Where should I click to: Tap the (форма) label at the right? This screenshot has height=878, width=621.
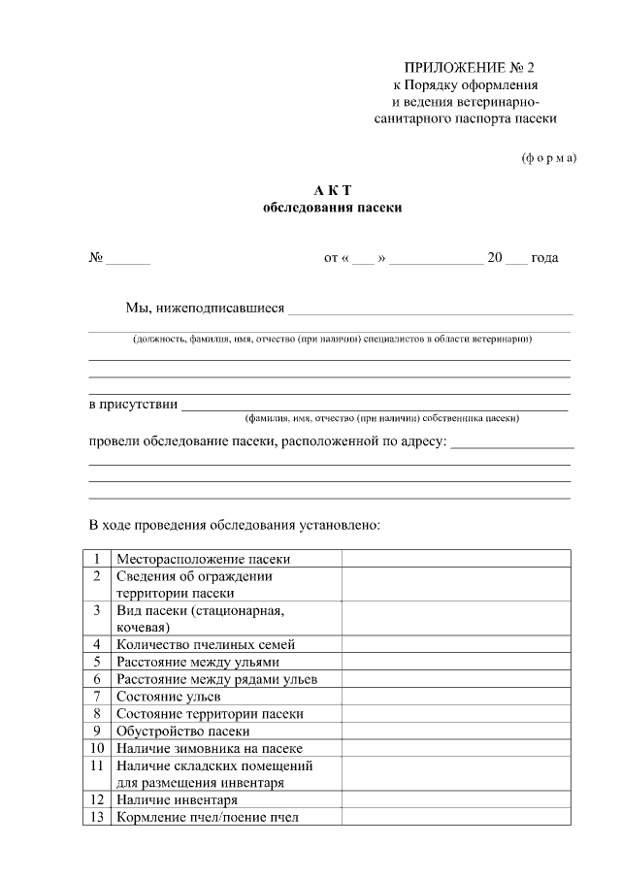click(x=549, y=157)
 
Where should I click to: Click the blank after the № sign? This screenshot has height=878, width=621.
click(x=128, y=259)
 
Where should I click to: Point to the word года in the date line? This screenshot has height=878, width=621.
click(x=544, y=258)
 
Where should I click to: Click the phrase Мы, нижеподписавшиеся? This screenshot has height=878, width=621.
click(x=205, y=309)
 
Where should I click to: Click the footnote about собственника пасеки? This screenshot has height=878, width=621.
click(x=381, y=418)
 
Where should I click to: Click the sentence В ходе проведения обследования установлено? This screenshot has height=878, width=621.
click(x=234, y=526)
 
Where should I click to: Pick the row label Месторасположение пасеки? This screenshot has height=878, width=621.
click(x=203, y=559)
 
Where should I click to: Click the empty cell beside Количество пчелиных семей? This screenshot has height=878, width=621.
click(x=455, y=643)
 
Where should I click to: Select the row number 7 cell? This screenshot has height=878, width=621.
click(x=98, y=696)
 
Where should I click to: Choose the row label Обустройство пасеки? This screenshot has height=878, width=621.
click(x=183, y=731)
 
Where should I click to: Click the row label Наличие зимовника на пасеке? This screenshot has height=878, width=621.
click(x=210, y=748)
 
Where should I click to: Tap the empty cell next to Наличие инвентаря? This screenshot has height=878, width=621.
click(x=455, y=799)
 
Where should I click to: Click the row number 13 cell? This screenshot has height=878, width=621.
click(x=98, y=817)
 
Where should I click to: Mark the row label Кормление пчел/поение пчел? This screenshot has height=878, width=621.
click(x=208, y=817)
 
